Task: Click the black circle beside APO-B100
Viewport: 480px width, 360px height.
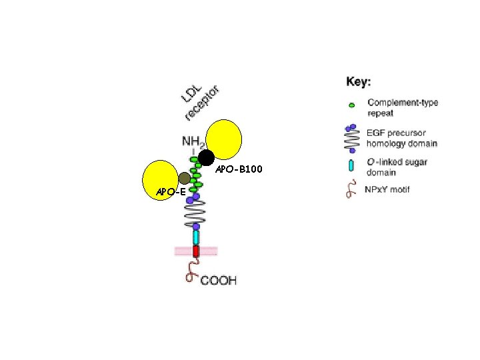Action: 206,157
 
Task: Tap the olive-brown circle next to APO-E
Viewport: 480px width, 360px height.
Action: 185,178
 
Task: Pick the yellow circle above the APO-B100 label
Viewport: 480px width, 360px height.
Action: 223,138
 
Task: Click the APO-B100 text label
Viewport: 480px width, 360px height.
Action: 239,170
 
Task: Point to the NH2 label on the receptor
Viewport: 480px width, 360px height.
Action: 193,142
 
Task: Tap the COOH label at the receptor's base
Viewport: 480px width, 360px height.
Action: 218,281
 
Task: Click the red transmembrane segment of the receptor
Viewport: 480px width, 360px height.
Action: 196,251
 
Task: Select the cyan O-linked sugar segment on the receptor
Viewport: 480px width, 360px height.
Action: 196,236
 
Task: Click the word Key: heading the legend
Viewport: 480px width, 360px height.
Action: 359,82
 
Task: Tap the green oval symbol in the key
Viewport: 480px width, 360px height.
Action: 352,105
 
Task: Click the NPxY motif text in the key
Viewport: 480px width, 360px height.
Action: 389,189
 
